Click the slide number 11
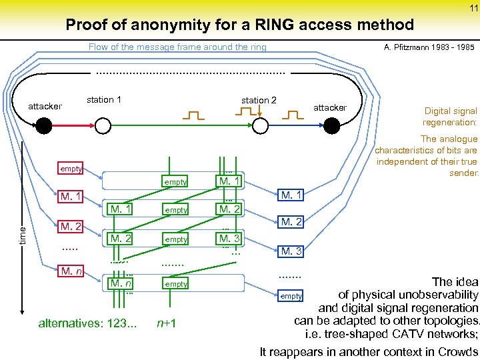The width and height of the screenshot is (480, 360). (473, 7)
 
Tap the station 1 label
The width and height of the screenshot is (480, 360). (103, 100)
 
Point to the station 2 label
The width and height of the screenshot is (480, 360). (259, 100)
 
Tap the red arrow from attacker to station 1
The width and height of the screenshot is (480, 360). (70, 125)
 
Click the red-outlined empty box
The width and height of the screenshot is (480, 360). (70, 169)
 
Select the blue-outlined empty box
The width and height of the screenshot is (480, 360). (291, 295)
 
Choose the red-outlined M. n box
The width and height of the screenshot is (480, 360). (70, 271)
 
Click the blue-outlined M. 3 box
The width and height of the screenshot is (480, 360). (291, 251)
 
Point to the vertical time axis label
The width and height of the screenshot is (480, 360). (23, 233)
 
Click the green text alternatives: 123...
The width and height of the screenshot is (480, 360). (87, 324)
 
